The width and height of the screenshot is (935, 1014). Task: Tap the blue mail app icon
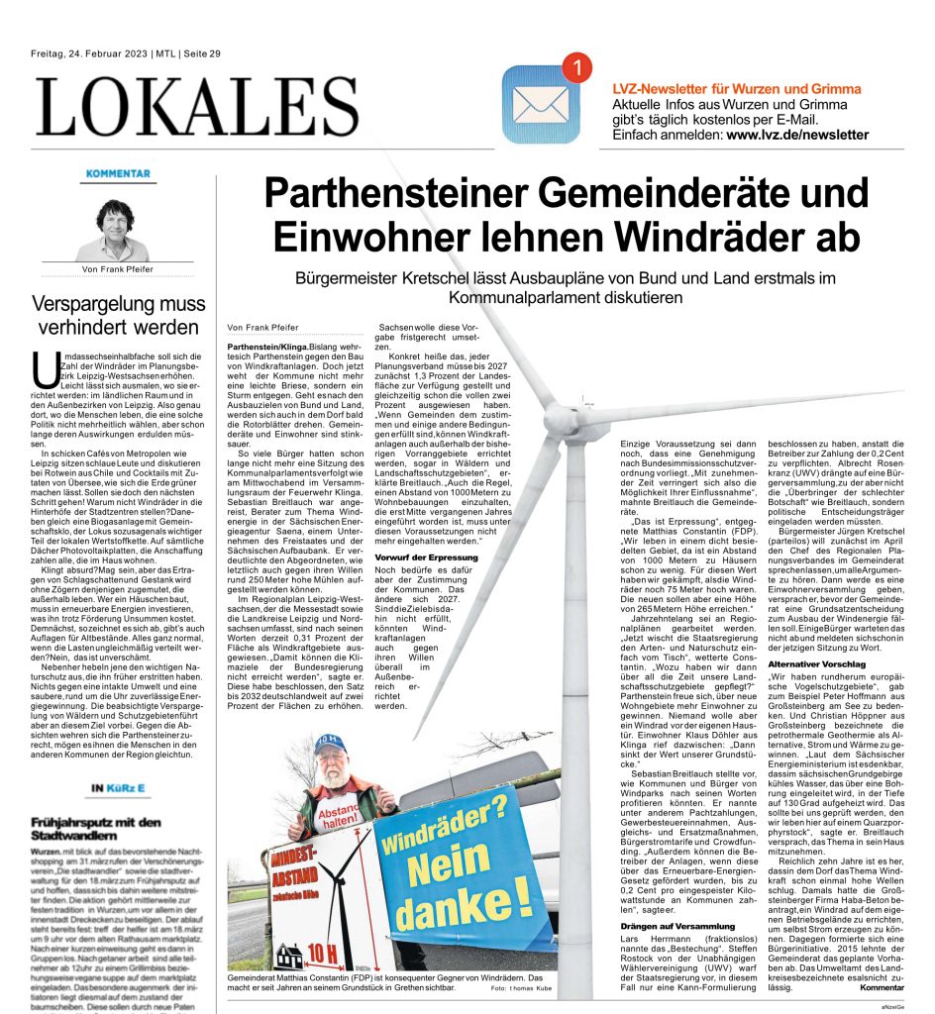(541, 104)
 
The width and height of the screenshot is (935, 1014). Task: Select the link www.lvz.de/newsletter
(797, 135)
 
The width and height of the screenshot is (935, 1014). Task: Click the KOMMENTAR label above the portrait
(118, 173)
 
